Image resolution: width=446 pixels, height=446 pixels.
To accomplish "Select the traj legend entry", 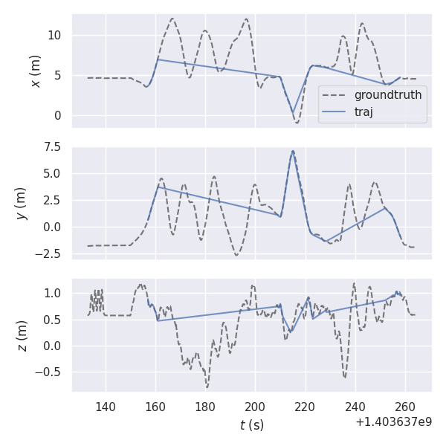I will tap(363, 112).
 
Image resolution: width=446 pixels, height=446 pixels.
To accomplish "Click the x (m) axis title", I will tap(35, 71).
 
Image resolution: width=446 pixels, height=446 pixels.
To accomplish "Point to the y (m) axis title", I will tap(22, 202).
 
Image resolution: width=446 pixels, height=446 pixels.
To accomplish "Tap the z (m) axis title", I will tap(22, 335).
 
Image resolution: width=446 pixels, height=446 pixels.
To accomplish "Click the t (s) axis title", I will tap(251, 425).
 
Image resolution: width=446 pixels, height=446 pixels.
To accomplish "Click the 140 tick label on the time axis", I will tap(106, 407).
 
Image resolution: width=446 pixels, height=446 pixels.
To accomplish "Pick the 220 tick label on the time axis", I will tap(306, 407).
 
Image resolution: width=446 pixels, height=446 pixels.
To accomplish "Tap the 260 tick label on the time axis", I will tap(405, 407).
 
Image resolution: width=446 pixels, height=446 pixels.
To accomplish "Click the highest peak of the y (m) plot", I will tap(293, 151).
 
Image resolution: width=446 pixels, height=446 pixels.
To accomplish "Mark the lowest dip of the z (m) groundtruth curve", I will tap(207, 387).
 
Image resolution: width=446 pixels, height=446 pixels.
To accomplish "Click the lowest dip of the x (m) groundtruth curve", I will tap(297, 123).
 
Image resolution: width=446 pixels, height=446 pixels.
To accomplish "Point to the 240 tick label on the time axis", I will tap(355, 407).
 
